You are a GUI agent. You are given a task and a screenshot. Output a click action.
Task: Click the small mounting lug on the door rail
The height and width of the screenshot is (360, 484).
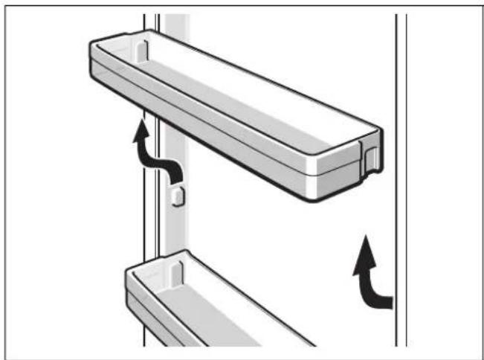pos(177,196)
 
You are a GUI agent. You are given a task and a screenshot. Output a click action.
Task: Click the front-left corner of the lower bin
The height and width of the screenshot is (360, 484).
pos(128,274)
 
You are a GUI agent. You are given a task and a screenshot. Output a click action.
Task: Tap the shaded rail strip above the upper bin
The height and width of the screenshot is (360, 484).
pos(175,22)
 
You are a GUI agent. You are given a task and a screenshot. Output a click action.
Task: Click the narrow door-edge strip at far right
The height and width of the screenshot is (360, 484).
pos(401,186)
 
